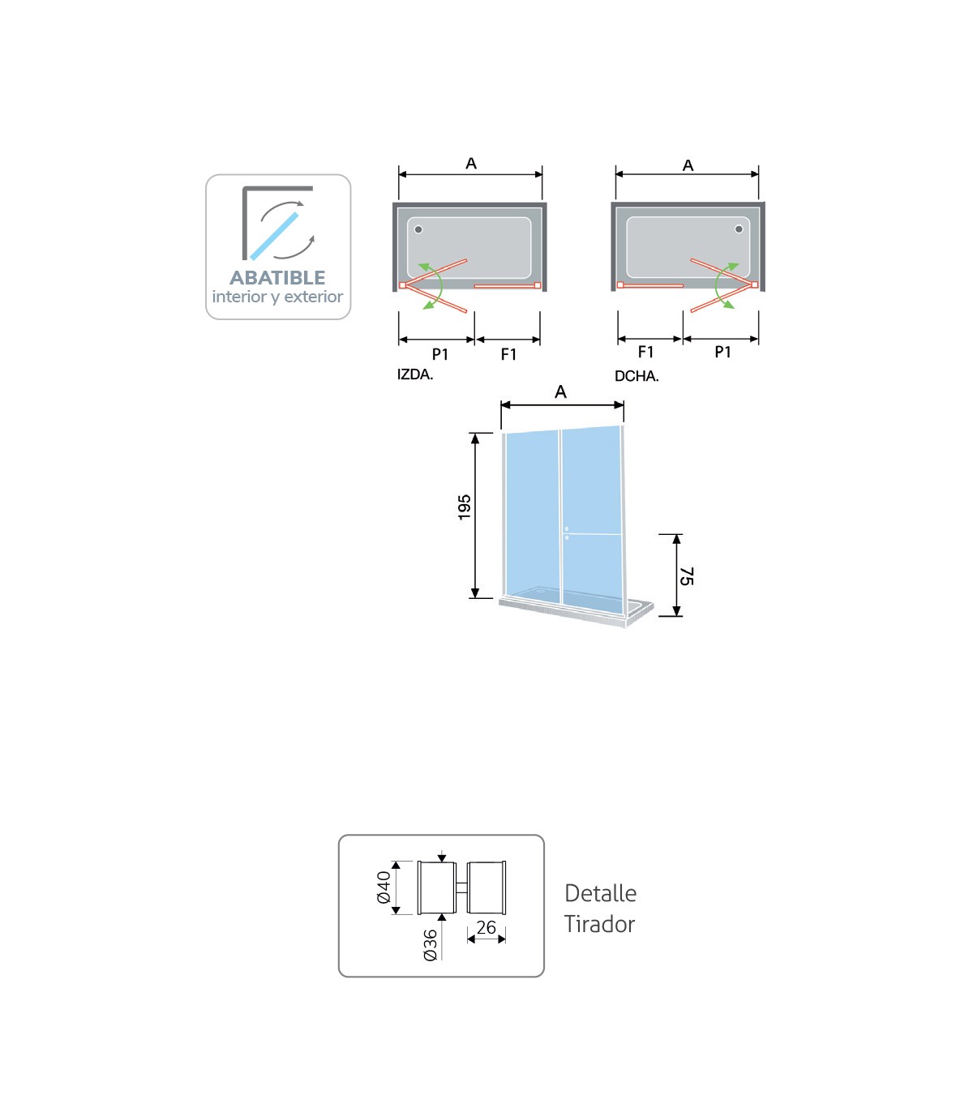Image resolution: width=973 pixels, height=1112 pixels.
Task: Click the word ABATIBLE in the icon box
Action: click(x=277, y=278)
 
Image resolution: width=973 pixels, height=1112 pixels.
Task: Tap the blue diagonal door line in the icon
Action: click(x=275, y=236)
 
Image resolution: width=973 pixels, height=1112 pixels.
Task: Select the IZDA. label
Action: click(x=415, y=374)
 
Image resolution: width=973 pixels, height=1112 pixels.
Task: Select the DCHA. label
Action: click(x=637, y=376)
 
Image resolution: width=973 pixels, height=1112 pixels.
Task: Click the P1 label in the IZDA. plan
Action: click(x=439, y=354)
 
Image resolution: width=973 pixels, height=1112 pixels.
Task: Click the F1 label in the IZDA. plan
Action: click(x=508, y=354)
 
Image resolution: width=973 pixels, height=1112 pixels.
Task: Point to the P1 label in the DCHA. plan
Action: click(x=722, y=353)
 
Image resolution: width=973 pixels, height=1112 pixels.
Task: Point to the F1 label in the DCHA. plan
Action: click(x=645, y=353)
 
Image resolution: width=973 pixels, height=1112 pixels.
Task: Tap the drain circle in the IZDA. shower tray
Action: click(x=418, y=229)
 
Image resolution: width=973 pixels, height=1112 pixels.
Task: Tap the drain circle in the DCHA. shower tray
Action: click(x=739, y=229)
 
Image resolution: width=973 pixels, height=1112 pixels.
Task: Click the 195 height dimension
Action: click(x=465, y=507)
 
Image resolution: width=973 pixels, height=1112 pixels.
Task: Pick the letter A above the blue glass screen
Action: click(x=560, y=391)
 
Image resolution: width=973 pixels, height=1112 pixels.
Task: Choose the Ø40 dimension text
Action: click(x=384, y=887)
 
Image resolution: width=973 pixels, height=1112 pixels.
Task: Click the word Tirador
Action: click(x=599, y=924)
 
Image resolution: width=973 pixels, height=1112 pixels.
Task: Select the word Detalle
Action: click(x=601, y=893)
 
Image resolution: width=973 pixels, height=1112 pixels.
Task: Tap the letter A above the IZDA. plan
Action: click(x=471, y=164)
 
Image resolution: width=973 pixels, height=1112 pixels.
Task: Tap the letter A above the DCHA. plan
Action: click(x=688, y=165)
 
